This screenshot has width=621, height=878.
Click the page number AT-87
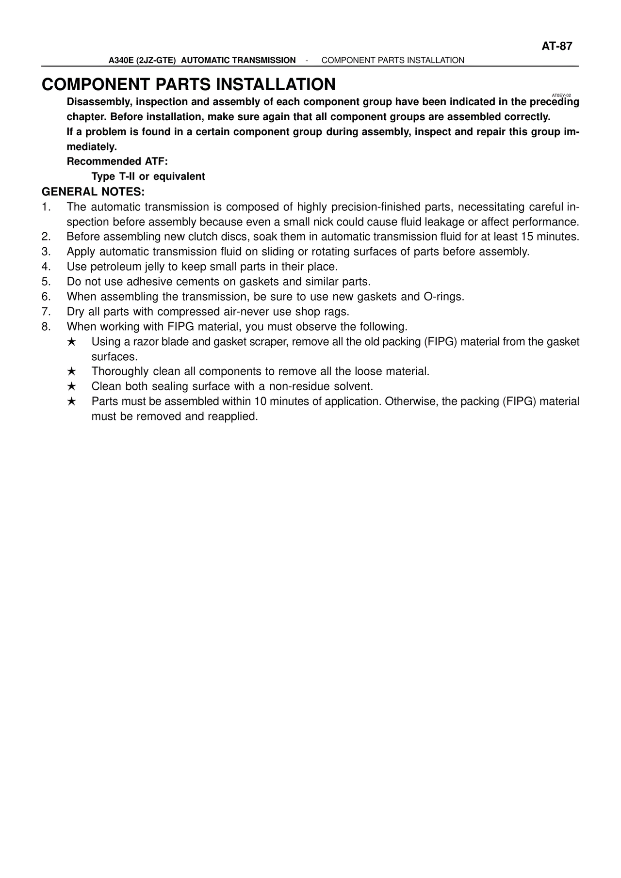pos(557,47)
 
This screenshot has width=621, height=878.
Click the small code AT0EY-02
pos(561,96)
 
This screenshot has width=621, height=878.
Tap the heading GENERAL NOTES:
pos(94,192)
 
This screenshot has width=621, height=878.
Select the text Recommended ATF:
pos(117,161)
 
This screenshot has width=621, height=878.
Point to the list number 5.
pos(46,282)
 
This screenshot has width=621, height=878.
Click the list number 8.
pos(46,326)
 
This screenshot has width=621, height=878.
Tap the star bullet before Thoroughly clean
pos(71,372)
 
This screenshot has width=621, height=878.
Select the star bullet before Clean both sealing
pos(71,387)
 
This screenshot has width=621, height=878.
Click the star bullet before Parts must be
pos(71,402)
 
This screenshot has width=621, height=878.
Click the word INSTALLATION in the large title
pos(275,84)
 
